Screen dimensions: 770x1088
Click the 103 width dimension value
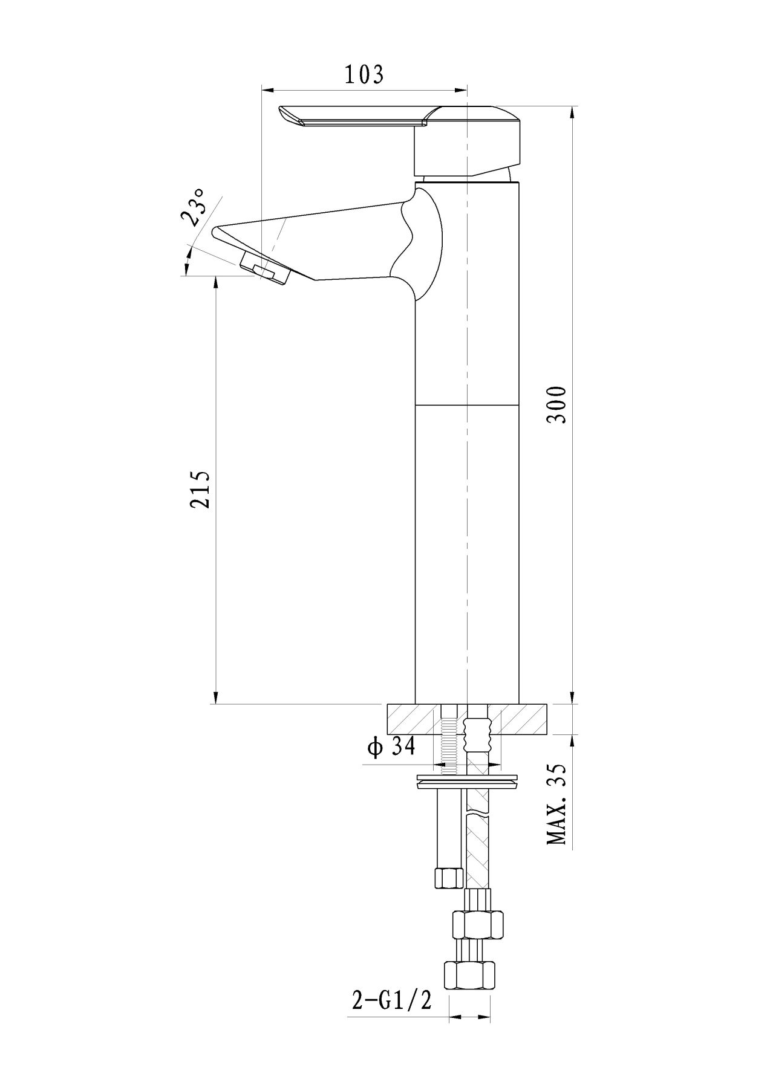[364, 74]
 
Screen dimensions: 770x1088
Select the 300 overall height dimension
[556, 404]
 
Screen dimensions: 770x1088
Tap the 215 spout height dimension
[200, 489]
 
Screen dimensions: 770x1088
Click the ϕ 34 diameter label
[391, 748]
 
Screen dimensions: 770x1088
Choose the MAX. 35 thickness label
[556, 804]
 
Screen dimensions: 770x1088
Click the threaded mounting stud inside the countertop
[448, 739]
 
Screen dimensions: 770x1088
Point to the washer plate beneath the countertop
[467, 781]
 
